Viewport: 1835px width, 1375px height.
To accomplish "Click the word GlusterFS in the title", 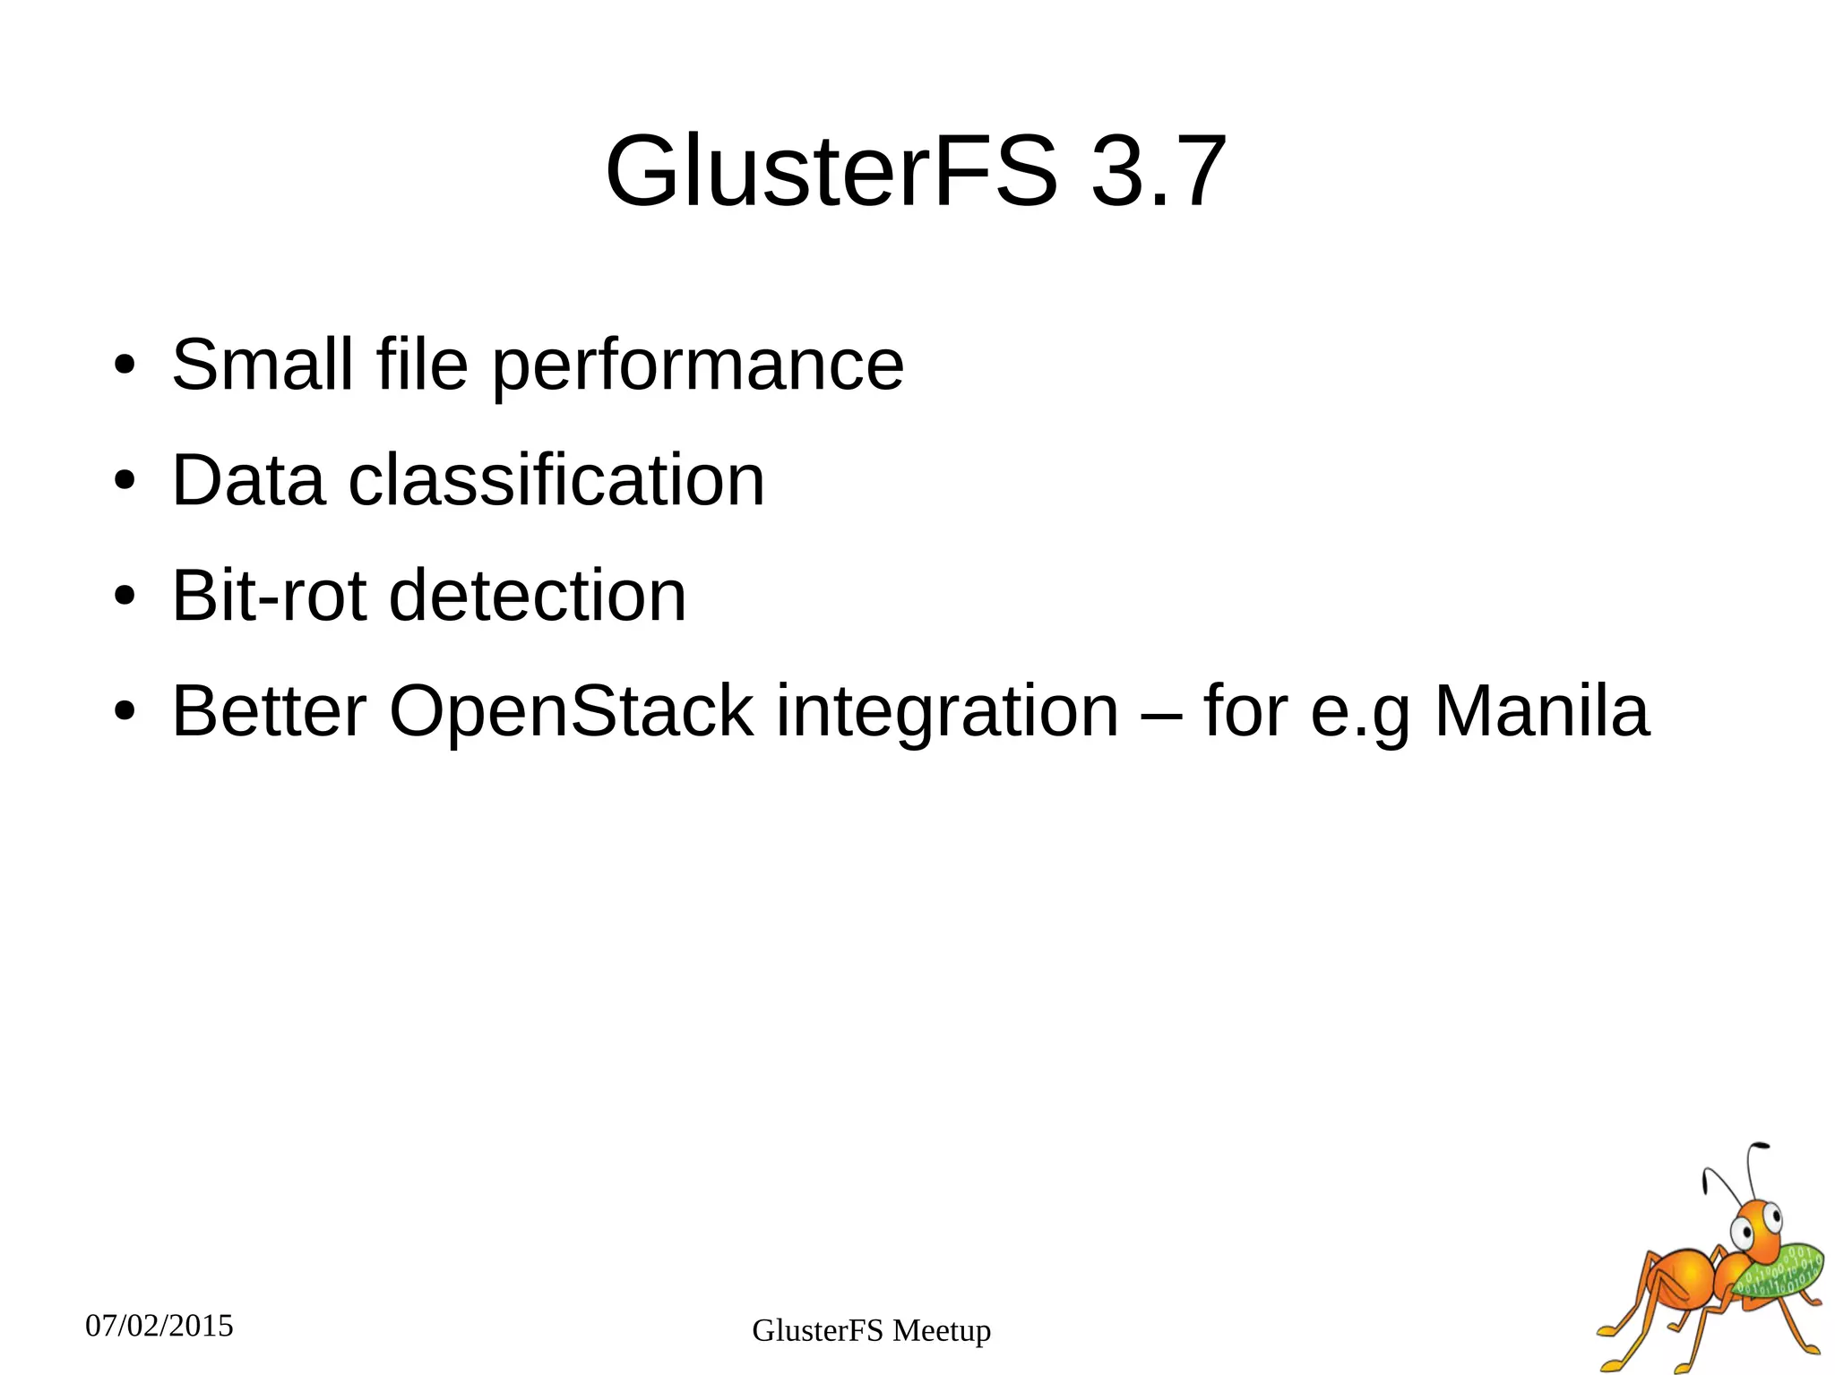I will [x=831, y=172].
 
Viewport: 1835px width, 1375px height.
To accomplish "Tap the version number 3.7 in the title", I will [x=1158, y=172].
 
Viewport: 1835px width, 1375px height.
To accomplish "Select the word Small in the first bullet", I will [x=263, y=365].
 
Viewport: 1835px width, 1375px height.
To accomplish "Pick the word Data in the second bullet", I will [x=248, y=481].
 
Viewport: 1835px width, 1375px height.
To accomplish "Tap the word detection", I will [x=538, y=596].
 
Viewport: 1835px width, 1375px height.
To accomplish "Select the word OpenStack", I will [x=571, y=711].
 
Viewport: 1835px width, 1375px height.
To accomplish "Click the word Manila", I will [x=1541, y=711].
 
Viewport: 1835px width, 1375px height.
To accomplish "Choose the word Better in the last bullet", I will [x=269, y=711].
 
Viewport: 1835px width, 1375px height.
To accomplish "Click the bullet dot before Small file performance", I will [x=125, y=365].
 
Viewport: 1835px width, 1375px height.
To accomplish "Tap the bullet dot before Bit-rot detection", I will [x=125, y=596].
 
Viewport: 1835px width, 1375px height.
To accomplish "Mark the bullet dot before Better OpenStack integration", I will [x=125, y=711].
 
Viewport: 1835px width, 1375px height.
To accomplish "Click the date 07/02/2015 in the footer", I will [x=159, y=1326].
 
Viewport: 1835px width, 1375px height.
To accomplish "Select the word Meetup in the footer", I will [x=942, y=1331].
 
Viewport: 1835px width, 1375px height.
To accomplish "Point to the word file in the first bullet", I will [x=422, y=365].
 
